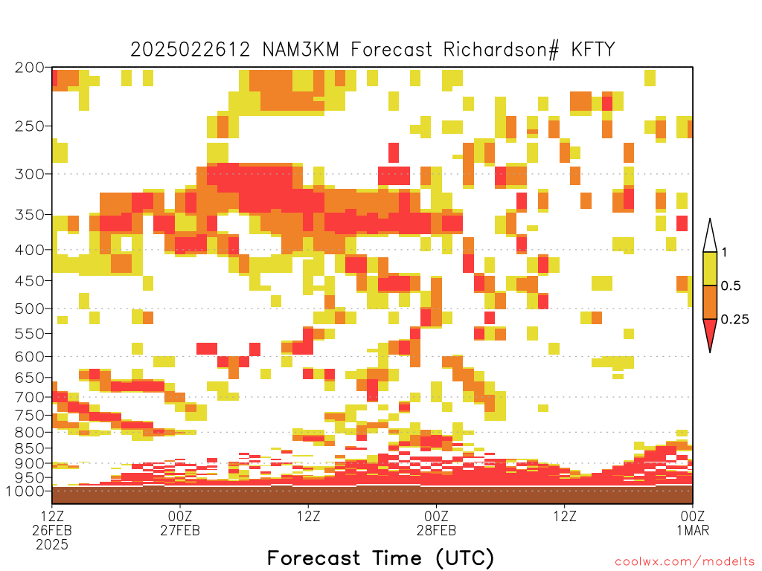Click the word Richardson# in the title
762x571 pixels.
(x=501, y=50)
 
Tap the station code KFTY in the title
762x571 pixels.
(x=593, y=50)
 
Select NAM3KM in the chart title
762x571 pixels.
(x=301, y=50)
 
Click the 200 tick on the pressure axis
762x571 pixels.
(x=29, y=68)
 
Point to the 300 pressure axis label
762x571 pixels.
(x=29, y=174)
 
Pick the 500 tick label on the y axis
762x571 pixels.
(x=29, y=309)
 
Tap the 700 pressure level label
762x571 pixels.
(x=29, y=397)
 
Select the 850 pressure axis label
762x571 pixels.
(x=29, y=448)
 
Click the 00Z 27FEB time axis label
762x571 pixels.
(x=180, y=523)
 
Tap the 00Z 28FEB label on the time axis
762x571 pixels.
(x=436, y=523)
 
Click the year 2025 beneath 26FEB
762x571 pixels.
(x=52, y=545)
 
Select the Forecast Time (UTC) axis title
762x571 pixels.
(x=380, y=558)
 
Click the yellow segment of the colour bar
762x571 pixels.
(x=710, y=268)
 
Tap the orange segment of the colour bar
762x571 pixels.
(x=710, y=302)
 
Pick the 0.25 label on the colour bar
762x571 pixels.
(x=734, y=319)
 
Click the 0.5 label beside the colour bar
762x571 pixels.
(x=731, y=285)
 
